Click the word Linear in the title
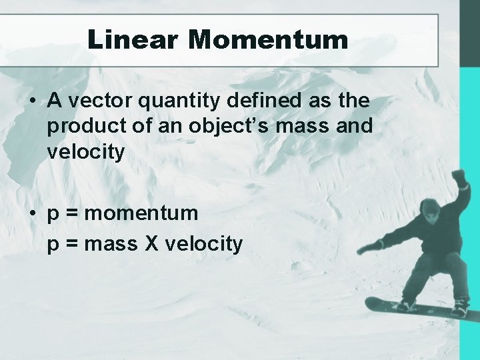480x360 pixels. (x=133, y=39)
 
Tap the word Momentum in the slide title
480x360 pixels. (x=268, y=39)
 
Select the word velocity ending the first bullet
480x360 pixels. (x=86, y=152)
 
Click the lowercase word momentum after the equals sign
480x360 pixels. (x=141, y=213)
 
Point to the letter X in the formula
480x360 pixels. (x=151, y=244)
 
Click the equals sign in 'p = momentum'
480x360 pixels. (x=72, y=214)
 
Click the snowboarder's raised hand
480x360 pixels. (x=459, y=178)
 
